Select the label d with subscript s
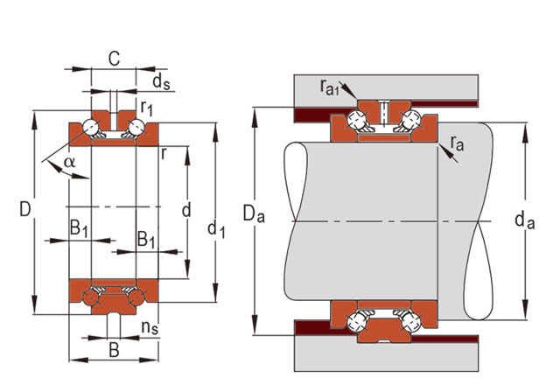161,83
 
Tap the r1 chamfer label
148,109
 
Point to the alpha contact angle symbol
70,162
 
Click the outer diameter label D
26,211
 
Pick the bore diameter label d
185,211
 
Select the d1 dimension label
216,229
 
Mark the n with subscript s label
150,330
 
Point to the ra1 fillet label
330,86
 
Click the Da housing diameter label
252,213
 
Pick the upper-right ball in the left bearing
135,129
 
